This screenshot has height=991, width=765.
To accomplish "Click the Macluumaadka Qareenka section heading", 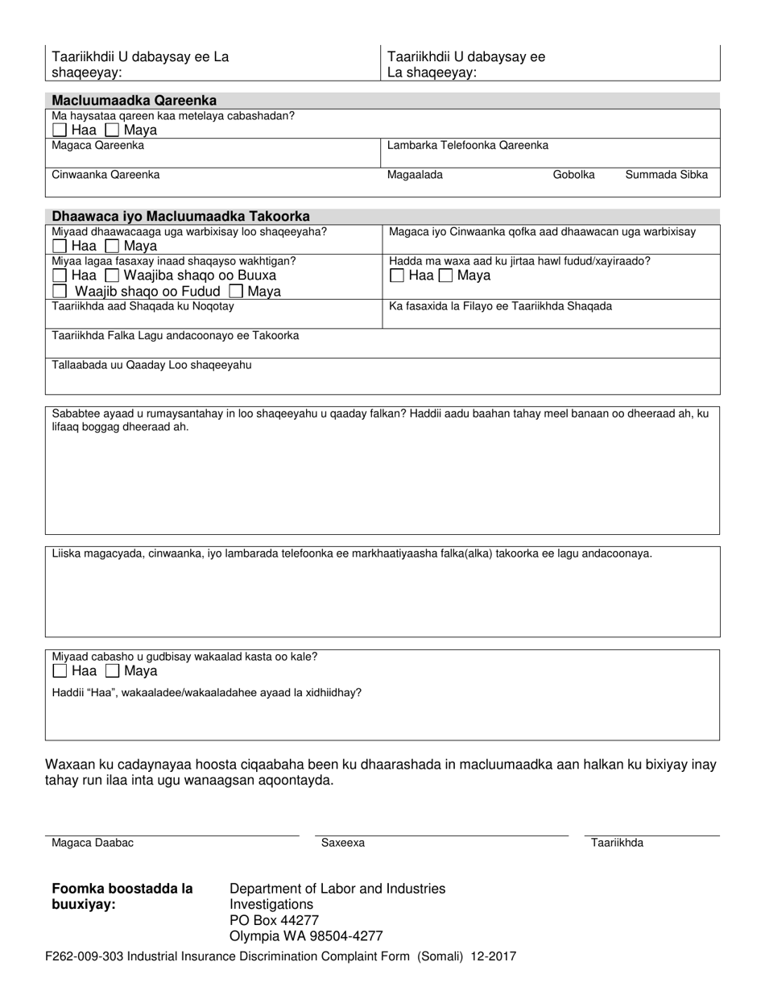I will tap(134, 101).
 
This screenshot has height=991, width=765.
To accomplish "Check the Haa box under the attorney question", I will tap(60, 130).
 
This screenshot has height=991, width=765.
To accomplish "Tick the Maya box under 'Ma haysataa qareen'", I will tap(112, 130).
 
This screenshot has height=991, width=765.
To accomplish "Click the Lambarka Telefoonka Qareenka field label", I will tap(468, 146).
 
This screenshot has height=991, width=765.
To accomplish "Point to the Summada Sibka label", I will tap(667, 175).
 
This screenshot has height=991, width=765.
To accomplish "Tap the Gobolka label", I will tap(573, 175).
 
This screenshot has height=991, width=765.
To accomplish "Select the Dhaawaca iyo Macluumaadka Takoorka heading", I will tap(180, 217).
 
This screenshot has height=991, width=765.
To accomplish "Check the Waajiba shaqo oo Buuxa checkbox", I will tap(112, 276).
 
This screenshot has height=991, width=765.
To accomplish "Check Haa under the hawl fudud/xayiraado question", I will tap(397, 276).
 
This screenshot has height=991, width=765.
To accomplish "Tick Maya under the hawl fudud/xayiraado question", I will tap(445, 276).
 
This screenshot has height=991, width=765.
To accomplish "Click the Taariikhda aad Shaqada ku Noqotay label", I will tap(143, 306).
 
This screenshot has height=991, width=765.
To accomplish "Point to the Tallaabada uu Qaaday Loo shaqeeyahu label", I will tap(151, 365).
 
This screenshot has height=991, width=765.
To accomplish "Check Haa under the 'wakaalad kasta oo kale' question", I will tap(60, 671).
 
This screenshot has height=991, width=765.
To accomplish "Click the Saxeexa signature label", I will tap(343, 843).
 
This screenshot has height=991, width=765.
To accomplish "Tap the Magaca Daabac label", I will tap(93, 843).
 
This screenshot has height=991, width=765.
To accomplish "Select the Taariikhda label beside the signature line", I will tap(617, 843).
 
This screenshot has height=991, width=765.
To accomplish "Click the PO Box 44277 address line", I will tap(275, 920).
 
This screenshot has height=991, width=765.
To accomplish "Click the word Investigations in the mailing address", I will tap(271, 904).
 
